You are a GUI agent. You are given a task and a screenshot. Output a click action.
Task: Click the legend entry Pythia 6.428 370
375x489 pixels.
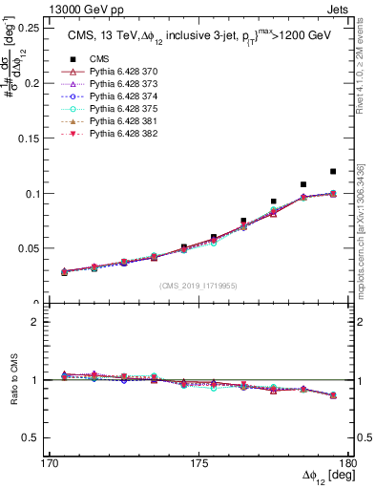[118, 73]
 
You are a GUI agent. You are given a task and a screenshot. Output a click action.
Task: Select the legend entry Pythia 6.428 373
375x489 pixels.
[118, 85]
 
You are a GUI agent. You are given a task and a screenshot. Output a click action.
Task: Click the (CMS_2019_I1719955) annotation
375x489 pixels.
[199, 285]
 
